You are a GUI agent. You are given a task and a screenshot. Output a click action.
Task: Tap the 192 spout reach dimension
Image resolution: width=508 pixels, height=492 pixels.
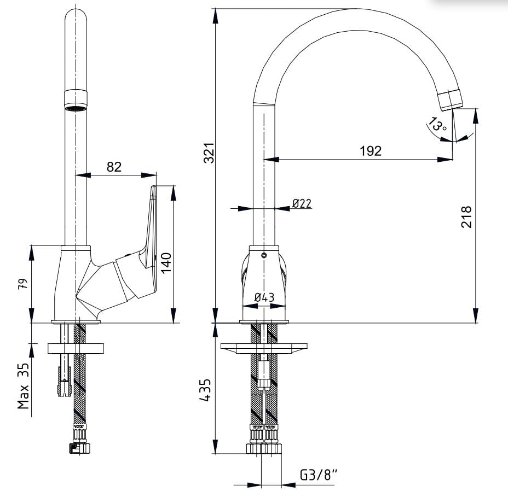(371, 151)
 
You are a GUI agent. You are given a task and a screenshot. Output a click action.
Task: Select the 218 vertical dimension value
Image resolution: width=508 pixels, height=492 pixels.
(466, 216)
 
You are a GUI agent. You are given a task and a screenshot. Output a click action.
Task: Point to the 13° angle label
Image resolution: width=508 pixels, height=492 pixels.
(437, 125)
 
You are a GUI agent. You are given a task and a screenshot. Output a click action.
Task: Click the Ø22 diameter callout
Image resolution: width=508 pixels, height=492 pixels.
(302, 203)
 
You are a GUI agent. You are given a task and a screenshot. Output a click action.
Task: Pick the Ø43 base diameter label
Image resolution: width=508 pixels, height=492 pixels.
(264, 297)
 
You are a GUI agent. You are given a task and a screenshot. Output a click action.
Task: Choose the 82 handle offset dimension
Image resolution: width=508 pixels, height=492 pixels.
(114, 167)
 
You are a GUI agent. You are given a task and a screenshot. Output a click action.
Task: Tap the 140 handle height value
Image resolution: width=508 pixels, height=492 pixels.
(166, 263)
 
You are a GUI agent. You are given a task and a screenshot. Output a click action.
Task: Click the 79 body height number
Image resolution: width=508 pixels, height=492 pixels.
(24, 283)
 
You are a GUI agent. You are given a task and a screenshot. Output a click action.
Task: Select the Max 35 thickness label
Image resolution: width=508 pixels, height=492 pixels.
(24, 385)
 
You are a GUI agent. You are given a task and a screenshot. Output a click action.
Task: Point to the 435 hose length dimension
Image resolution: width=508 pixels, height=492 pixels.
(205, 390)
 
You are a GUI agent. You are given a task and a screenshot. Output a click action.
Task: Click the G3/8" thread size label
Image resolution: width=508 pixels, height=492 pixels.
(319, 475)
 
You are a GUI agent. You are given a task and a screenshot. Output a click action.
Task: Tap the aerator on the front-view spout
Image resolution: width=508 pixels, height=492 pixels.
(76, 100)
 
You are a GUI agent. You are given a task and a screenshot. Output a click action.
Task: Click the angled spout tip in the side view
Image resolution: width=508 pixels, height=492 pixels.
(451, 100)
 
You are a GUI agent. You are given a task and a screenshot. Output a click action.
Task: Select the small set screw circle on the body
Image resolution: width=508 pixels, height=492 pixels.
(264, 255)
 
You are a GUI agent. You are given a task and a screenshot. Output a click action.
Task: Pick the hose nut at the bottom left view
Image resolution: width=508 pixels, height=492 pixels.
(80, 449)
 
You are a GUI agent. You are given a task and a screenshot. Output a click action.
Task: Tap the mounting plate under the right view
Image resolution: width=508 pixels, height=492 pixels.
(264, 348)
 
